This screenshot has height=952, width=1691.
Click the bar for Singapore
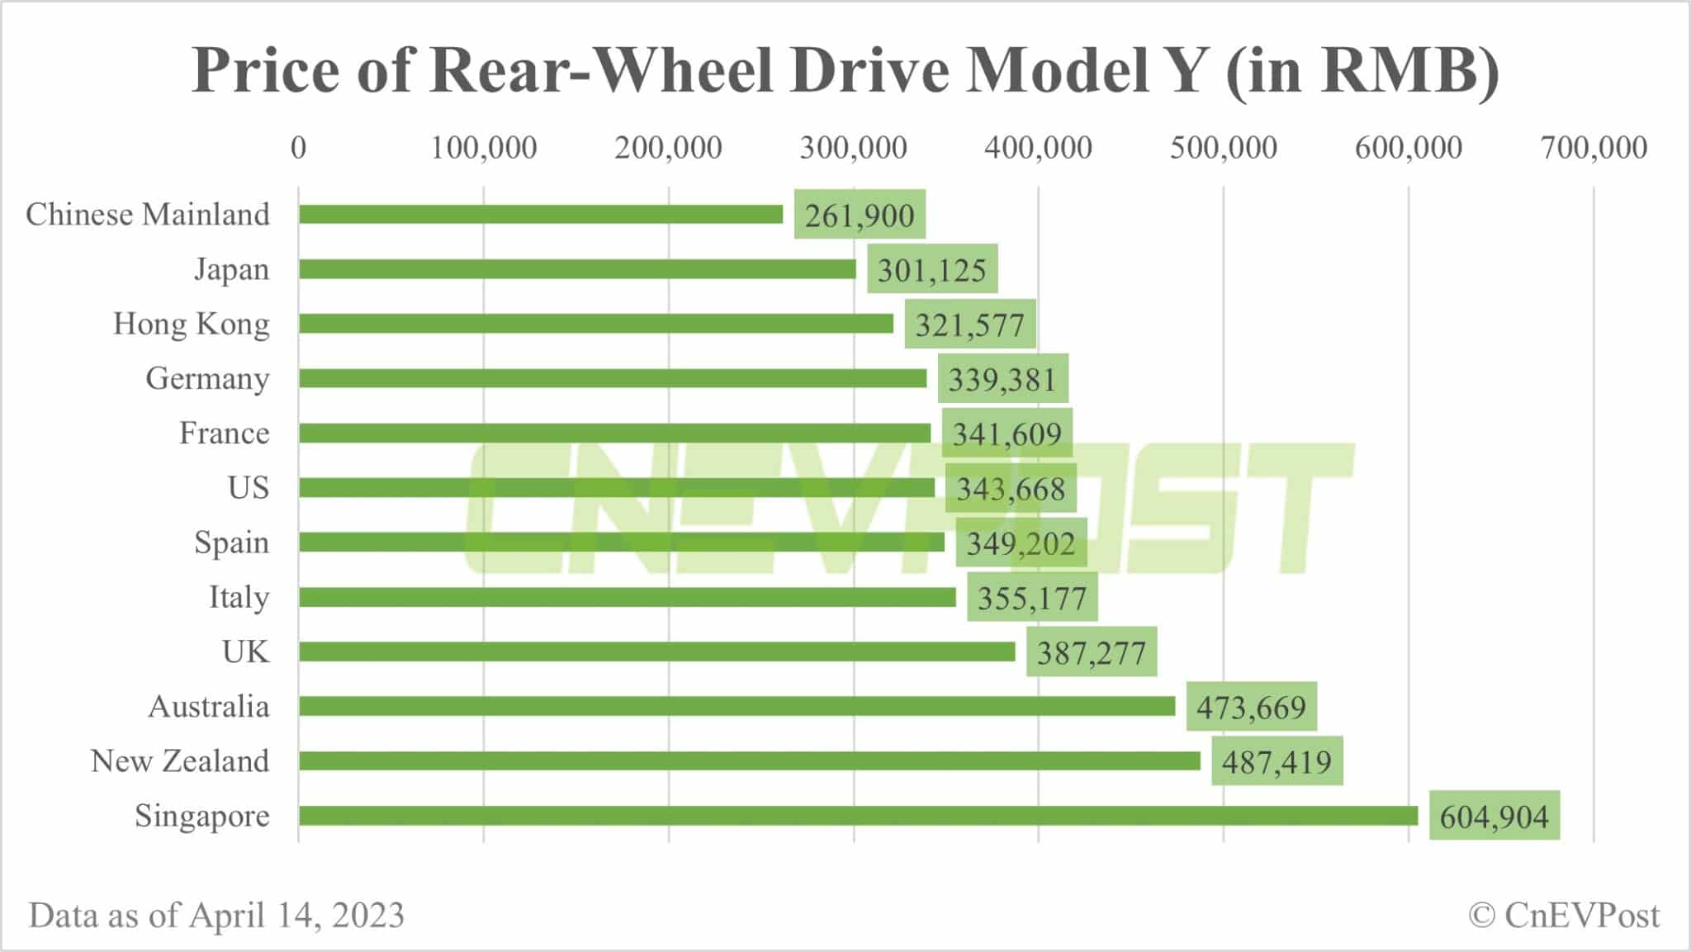click(x=858, y=816)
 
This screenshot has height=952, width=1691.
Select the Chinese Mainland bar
click(x=541, y=215)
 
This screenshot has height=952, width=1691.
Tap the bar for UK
click(x=656, y=652)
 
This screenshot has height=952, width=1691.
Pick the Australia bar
click(x=737, y=707)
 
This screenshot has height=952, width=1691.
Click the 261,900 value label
click(x=860, y=216)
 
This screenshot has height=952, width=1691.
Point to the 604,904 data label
click(x=1494, y=817)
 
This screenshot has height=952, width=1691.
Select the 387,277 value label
click(x=1091, y=653)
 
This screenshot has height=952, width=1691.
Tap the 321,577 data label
click(x=969, y=324)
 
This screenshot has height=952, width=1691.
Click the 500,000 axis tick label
click(x=1223, y=149)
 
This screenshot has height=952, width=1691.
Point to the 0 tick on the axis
click(x=298, y=149)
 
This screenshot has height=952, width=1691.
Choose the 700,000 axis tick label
click(x=1594, y=149)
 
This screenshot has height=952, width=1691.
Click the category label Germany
click(x=207, y=379)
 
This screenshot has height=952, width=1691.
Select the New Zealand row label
click(x=180, y=761)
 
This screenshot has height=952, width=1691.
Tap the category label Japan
click(x=231, y=270)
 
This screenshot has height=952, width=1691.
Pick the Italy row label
click(x=239, y=598)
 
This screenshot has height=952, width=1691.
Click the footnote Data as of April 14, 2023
click(x=216, y=916)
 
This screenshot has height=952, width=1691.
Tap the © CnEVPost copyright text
click(x=1564, y=916)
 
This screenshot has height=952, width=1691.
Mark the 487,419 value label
click(x=1277, y=762)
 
